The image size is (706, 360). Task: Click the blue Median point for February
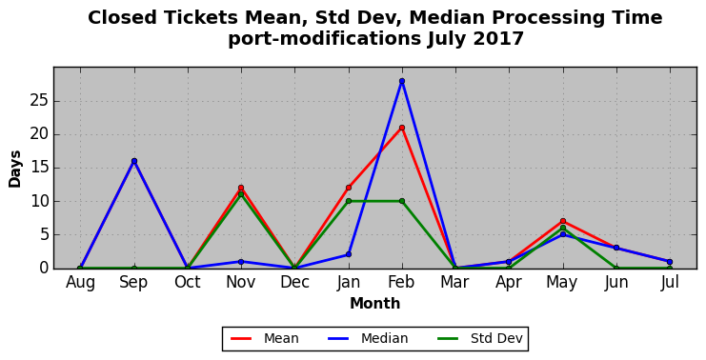402,81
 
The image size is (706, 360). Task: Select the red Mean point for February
402,128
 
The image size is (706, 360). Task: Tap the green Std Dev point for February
402,201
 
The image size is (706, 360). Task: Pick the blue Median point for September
133,161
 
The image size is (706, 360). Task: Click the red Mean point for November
241,188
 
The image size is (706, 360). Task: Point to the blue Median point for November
241,262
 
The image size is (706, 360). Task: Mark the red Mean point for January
348,188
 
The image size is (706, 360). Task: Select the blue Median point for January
348,254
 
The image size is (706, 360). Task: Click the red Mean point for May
562,221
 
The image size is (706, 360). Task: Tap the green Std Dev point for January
348,201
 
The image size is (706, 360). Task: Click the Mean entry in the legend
264,338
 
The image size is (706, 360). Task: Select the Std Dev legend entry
479,338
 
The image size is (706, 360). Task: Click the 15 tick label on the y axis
40,168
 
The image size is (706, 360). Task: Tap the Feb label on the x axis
402,282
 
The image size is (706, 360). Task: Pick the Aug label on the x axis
80,283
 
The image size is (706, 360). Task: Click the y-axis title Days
15,170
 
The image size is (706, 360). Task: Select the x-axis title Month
375,303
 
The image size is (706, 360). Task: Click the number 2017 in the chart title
498,39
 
